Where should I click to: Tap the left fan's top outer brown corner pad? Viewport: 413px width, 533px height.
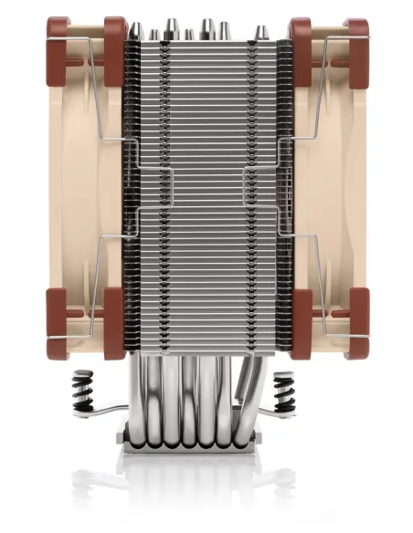coord(58,31)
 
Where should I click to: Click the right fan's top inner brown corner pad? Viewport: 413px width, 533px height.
coord(298,33)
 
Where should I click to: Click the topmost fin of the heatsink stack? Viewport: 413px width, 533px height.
coord(206,45)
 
